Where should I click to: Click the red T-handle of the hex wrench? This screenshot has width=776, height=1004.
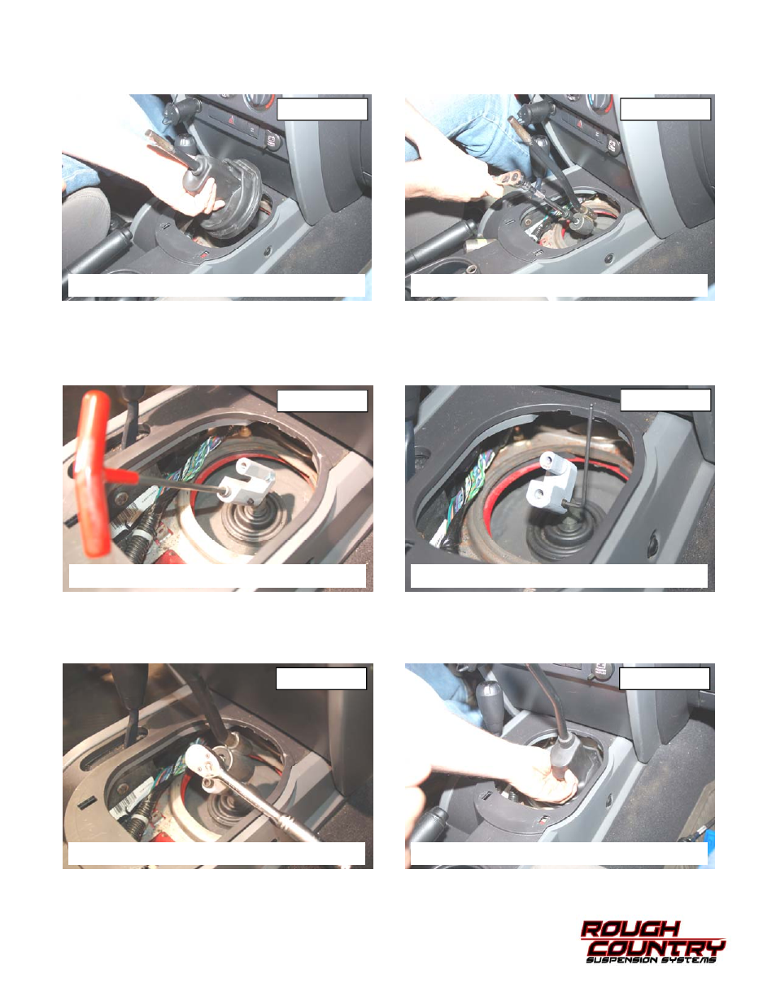coord(94,472)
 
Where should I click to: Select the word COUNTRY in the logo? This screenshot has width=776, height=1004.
coord(656,948)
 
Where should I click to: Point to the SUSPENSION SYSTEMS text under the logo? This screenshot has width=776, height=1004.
coord(651,961)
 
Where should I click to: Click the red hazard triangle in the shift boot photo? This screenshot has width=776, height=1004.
coord(231,120)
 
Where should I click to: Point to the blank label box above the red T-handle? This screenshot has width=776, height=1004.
coord(322,401)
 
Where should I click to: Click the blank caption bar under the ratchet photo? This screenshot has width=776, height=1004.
coord(216,854)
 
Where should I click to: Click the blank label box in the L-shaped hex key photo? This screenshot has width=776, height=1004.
coord(665,400)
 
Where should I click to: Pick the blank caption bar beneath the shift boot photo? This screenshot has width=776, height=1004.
coord(216,285)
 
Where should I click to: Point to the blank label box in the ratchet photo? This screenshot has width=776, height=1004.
coord(321,679)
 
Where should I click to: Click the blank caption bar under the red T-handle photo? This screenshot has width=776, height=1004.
coord(217,576)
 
